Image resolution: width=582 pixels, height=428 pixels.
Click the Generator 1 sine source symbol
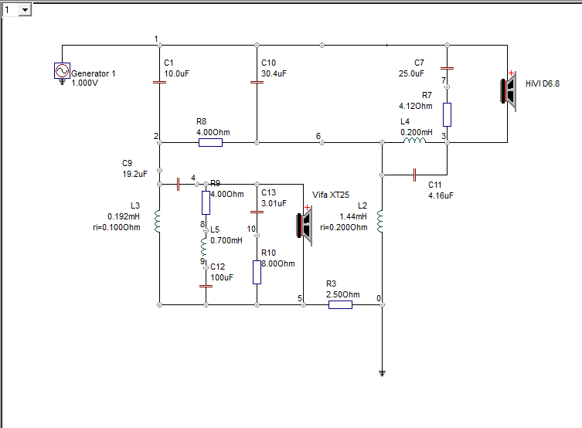(x=62, y=70)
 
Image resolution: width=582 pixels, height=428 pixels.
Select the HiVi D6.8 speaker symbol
(x=509, y=91)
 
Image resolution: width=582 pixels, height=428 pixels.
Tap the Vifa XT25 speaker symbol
(x=305, y=225)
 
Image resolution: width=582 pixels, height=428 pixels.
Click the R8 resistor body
(x=210, y=142)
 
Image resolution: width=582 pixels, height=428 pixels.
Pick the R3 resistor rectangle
(x=340, y=305)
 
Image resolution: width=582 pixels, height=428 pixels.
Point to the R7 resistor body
(x=447, y=114)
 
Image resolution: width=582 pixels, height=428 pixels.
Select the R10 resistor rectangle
(x=257, y=272)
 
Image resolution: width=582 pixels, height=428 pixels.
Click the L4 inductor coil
(x=414, y=140)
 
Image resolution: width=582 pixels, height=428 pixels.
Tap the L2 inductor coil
(x=379, y=222)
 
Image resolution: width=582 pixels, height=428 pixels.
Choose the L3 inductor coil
(x=158, y=222)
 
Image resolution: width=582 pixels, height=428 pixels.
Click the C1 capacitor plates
(x=159, y=82)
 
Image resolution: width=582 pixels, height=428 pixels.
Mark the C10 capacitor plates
(x=257, y=82)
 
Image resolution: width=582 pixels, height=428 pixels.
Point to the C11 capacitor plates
(x=414, y=175)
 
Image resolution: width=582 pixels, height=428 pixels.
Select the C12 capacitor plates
(x=206, y=286)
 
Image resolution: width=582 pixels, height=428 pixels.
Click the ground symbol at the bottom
(x=382, y=373)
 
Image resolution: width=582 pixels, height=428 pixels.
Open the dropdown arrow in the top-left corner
(x=25, y=9)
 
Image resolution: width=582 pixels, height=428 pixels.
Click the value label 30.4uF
(x=274, y=73)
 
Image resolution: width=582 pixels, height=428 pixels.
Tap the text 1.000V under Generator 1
(x=84, y=83)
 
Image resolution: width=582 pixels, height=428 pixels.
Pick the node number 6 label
(x=318, y=136)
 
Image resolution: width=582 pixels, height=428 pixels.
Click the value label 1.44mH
(x=353, y=216)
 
